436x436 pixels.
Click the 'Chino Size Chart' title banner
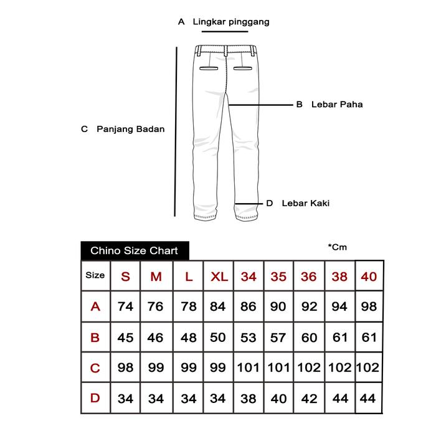pos(135,251)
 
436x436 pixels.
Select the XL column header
pos(217,276)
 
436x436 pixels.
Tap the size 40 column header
pos(369,276)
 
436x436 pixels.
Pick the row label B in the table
pos(95,338)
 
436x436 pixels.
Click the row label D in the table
pos(95,398)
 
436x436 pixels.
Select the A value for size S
pos(125,306)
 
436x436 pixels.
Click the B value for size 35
pos(278,338)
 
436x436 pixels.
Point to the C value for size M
pos(156,367)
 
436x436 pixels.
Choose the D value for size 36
pos(309,398)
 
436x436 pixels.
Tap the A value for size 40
pos(369,306)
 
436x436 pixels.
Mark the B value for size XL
pos(217,338)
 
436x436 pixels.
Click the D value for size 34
pos(248,398)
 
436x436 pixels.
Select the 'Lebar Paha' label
pos(336,105)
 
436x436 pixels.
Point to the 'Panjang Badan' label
pos(131,130)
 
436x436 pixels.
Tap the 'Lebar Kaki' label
pos(305,203)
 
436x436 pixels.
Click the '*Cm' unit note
pos(337,247)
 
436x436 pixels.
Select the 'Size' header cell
pos(95,275)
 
